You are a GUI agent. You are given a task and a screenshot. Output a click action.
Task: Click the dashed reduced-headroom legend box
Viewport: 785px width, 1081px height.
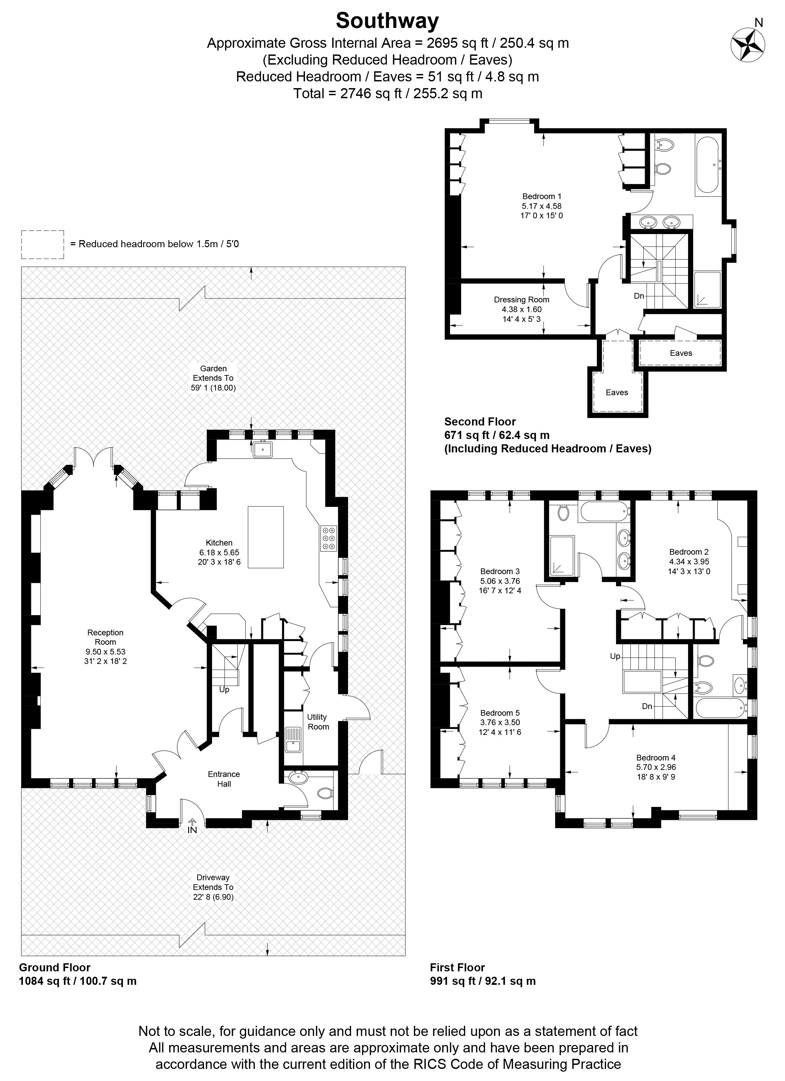pos(42,245)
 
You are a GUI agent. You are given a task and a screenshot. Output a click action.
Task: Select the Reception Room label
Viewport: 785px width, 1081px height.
pos(105,637)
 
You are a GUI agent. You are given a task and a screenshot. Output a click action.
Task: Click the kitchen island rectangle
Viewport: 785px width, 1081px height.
pos(266,537)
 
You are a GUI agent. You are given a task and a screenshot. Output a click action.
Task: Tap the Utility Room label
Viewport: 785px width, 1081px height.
pos(318,722)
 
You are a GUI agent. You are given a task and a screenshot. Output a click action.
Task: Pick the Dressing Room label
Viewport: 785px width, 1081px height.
pos(522,300)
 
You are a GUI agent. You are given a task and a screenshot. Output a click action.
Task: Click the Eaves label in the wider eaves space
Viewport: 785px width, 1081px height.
pos(681,353)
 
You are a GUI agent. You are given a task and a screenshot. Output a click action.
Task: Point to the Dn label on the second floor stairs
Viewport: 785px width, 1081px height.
pos(639,296)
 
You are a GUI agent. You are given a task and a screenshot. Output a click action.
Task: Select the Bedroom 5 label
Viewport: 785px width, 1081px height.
pos(500,713)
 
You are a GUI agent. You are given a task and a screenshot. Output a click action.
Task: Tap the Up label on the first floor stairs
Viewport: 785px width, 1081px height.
pos(615,656)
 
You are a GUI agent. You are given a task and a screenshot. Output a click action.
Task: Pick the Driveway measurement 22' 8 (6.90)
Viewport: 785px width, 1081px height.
pos(213,897)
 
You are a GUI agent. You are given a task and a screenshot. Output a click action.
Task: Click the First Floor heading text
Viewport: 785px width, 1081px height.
pos(457,968)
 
